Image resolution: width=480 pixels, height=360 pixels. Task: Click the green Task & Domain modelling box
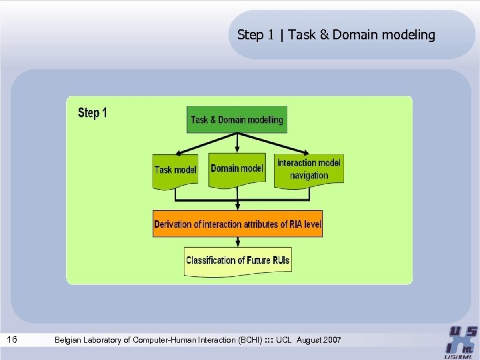(x=237, y=120)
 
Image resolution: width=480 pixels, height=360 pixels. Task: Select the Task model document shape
(x=175, y=171)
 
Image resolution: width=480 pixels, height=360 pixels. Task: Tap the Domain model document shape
(x=237, y=169)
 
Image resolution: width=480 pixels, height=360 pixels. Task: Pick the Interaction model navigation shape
(x=309, y=169)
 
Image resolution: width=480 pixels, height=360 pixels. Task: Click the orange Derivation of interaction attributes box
(x=237, y=224)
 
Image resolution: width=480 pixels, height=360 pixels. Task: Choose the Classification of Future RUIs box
(x=237, y=261)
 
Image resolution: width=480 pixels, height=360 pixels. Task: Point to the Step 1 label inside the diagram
(x=92, y=113)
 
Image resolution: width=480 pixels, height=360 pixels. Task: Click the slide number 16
(x=12, y=340)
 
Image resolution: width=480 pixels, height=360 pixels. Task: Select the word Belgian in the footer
(x=69, y=340)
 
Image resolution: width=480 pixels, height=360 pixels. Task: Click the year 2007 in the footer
(x=331, y=340)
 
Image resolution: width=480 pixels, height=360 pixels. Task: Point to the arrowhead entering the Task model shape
(x=175, y=153)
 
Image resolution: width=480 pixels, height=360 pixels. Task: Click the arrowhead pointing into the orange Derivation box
(x=237, y=207)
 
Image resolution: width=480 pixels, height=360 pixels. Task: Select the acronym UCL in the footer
(x=283, y=340)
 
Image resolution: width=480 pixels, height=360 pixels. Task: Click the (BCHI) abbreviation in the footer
(x=249, y=340)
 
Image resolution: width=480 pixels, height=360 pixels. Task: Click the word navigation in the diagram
(x=309, y=176)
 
